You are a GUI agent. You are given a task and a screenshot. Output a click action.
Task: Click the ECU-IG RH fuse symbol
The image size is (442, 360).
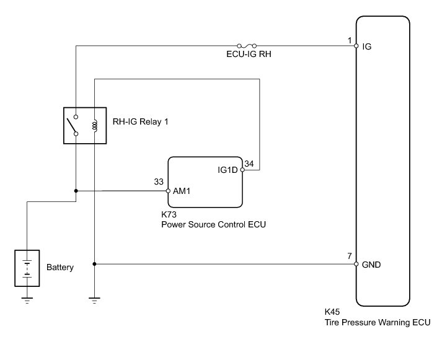click(247, 46)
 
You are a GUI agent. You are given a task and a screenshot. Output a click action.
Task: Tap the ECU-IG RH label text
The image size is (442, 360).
click(249, 54)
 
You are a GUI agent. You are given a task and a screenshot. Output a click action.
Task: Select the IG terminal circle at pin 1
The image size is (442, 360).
click(356, 46)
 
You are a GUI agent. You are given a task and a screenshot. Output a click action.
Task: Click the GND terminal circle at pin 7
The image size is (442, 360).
click(356, 264)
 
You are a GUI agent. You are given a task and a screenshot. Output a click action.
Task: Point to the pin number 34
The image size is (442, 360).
click(249, 164)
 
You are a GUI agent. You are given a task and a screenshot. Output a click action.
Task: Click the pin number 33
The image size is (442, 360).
click(159, 182)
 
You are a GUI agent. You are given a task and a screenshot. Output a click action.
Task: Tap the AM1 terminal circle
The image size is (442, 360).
click(168, 191)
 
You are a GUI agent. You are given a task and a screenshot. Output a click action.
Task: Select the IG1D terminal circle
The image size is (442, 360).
click(242, 170)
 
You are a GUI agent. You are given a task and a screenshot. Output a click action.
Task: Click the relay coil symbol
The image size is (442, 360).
click(95, 126)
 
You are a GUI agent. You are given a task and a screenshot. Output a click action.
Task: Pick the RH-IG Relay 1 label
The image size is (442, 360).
click(140, 121)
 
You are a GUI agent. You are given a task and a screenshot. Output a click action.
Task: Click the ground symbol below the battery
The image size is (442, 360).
click(27, 301)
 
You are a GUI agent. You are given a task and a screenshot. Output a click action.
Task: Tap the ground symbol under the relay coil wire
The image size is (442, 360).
click(94, 301)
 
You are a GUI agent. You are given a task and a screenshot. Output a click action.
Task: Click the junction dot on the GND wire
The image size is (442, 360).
click(94, 264)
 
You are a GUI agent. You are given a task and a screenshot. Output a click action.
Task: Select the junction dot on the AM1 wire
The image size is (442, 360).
click(76, 191)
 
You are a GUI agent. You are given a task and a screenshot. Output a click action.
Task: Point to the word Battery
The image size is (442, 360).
click(60, 267)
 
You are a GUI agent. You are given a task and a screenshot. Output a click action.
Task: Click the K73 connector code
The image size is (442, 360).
click(169, 214)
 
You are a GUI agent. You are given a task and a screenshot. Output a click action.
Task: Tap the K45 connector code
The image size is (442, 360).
click(332, 312)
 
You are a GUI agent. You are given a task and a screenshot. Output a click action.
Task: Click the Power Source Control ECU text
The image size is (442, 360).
click(213, 224)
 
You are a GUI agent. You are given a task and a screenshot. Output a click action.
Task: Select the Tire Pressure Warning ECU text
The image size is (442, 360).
click(378, 322)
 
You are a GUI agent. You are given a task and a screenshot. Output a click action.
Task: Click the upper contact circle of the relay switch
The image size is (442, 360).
click(76, 116)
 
